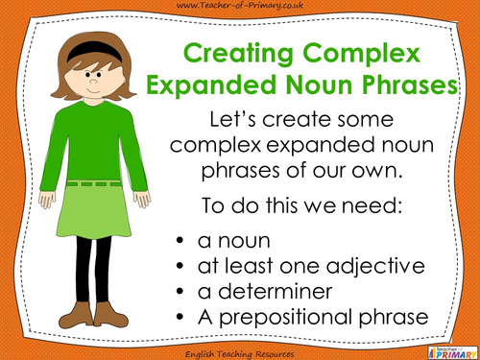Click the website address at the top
pos(240,8)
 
